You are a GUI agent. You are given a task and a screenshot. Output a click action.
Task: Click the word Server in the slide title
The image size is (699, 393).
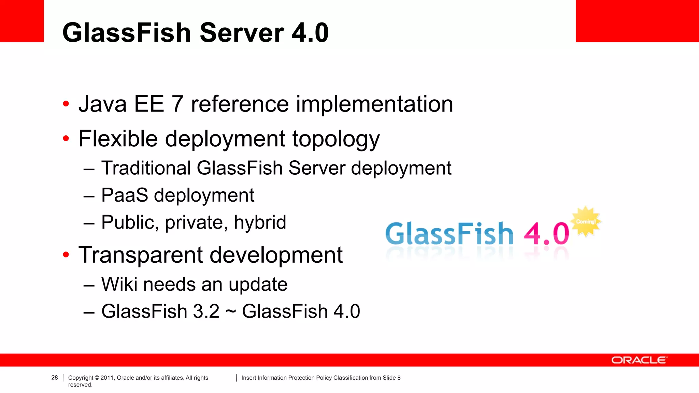coord(242,33)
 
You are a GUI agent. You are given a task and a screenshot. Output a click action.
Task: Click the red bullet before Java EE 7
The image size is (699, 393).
coord(66,104)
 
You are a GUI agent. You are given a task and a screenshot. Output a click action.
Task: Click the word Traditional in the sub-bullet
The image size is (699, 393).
coord(146,168)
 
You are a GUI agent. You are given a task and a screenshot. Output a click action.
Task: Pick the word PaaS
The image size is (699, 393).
coord(125,195)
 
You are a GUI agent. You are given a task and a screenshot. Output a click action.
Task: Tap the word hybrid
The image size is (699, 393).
coord(260,222)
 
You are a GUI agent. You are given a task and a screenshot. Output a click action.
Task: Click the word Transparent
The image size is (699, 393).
coord(141,255)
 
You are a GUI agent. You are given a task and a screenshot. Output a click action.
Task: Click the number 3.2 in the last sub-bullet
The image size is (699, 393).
coord(206,311)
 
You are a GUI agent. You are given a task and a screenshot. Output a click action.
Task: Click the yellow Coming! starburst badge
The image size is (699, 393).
coord(586,221)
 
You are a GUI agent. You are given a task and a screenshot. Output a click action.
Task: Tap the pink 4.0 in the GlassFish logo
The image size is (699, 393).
coord(546,234)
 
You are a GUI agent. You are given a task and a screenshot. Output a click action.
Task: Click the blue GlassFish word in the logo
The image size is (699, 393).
coord(449,234)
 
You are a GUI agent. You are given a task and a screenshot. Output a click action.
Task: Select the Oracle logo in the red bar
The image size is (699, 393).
coord(639,360)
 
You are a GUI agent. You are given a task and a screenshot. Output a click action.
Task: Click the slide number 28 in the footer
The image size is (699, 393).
coord(55,378)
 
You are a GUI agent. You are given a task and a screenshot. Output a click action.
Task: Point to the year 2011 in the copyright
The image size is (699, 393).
coord(107,378)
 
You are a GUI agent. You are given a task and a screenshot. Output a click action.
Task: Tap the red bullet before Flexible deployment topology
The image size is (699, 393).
coord(66,139)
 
